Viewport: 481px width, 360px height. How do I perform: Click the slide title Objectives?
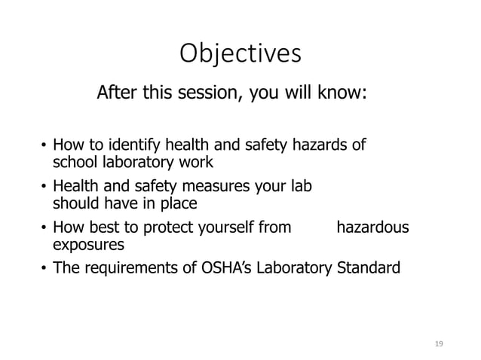(240, 54)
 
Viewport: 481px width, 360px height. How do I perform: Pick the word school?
(71, 161)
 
